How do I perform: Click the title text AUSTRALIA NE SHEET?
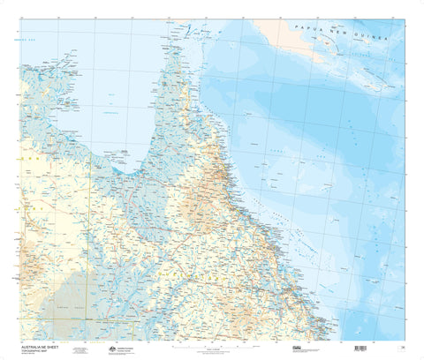(x=39, y=346)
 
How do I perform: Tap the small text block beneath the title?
(x=35, y=355)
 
